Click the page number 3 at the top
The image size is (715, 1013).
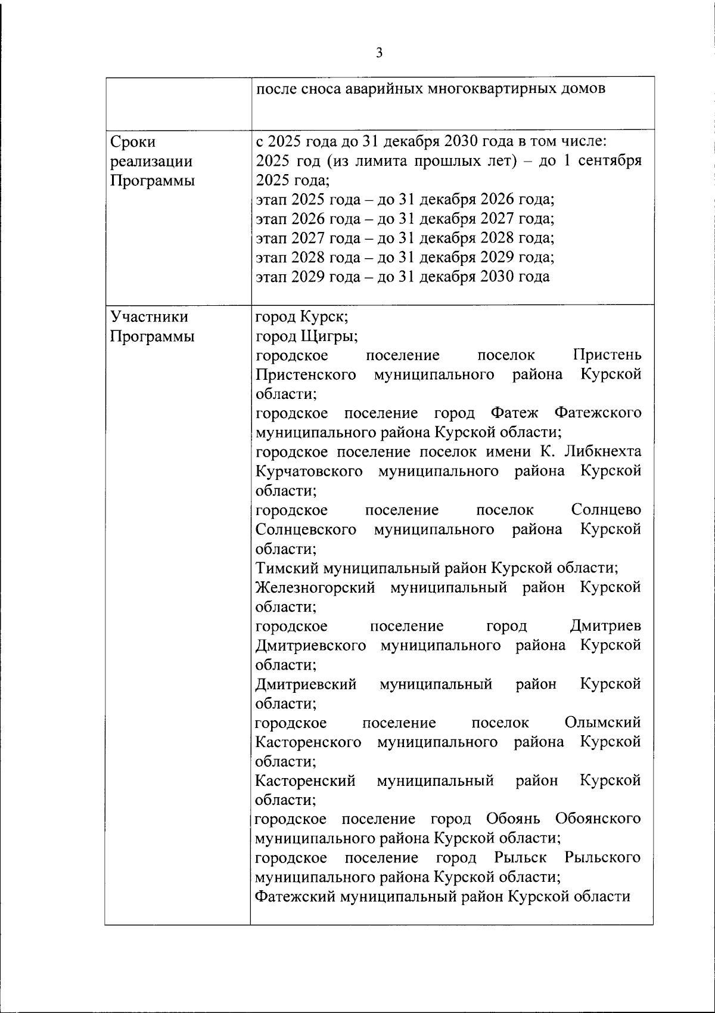pyautogui.click(x=379, y=54)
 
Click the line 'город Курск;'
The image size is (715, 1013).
pyautogui.click(x=302, y=317)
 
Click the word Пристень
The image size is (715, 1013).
pyautogui.click(x=607, y=356)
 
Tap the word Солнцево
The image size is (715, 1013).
pyautogui.click(x=606, y=510)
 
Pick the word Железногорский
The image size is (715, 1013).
pyautogui.click(x=315, y=588)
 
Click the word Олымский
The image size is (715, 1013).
pyautogui.click(x=602, y=723)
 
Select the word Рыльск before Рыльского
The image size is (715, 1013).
pyautogui.click(x=520, y=858)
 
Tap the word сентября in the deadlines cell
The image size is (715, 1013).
pyautogui.click(x=610, y=162)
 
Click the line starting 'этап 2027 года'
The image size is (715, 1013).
pyautogui.click(x=405, y=238)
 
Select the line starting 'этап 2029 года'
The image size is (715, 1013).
pyautogui.click(x=403, y=277)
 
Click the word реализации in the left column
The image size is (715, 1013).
pyautogui.click(x=152, y=162)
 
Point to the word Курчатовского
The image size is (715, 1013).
pyautogui.click(x=309, y=472)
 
